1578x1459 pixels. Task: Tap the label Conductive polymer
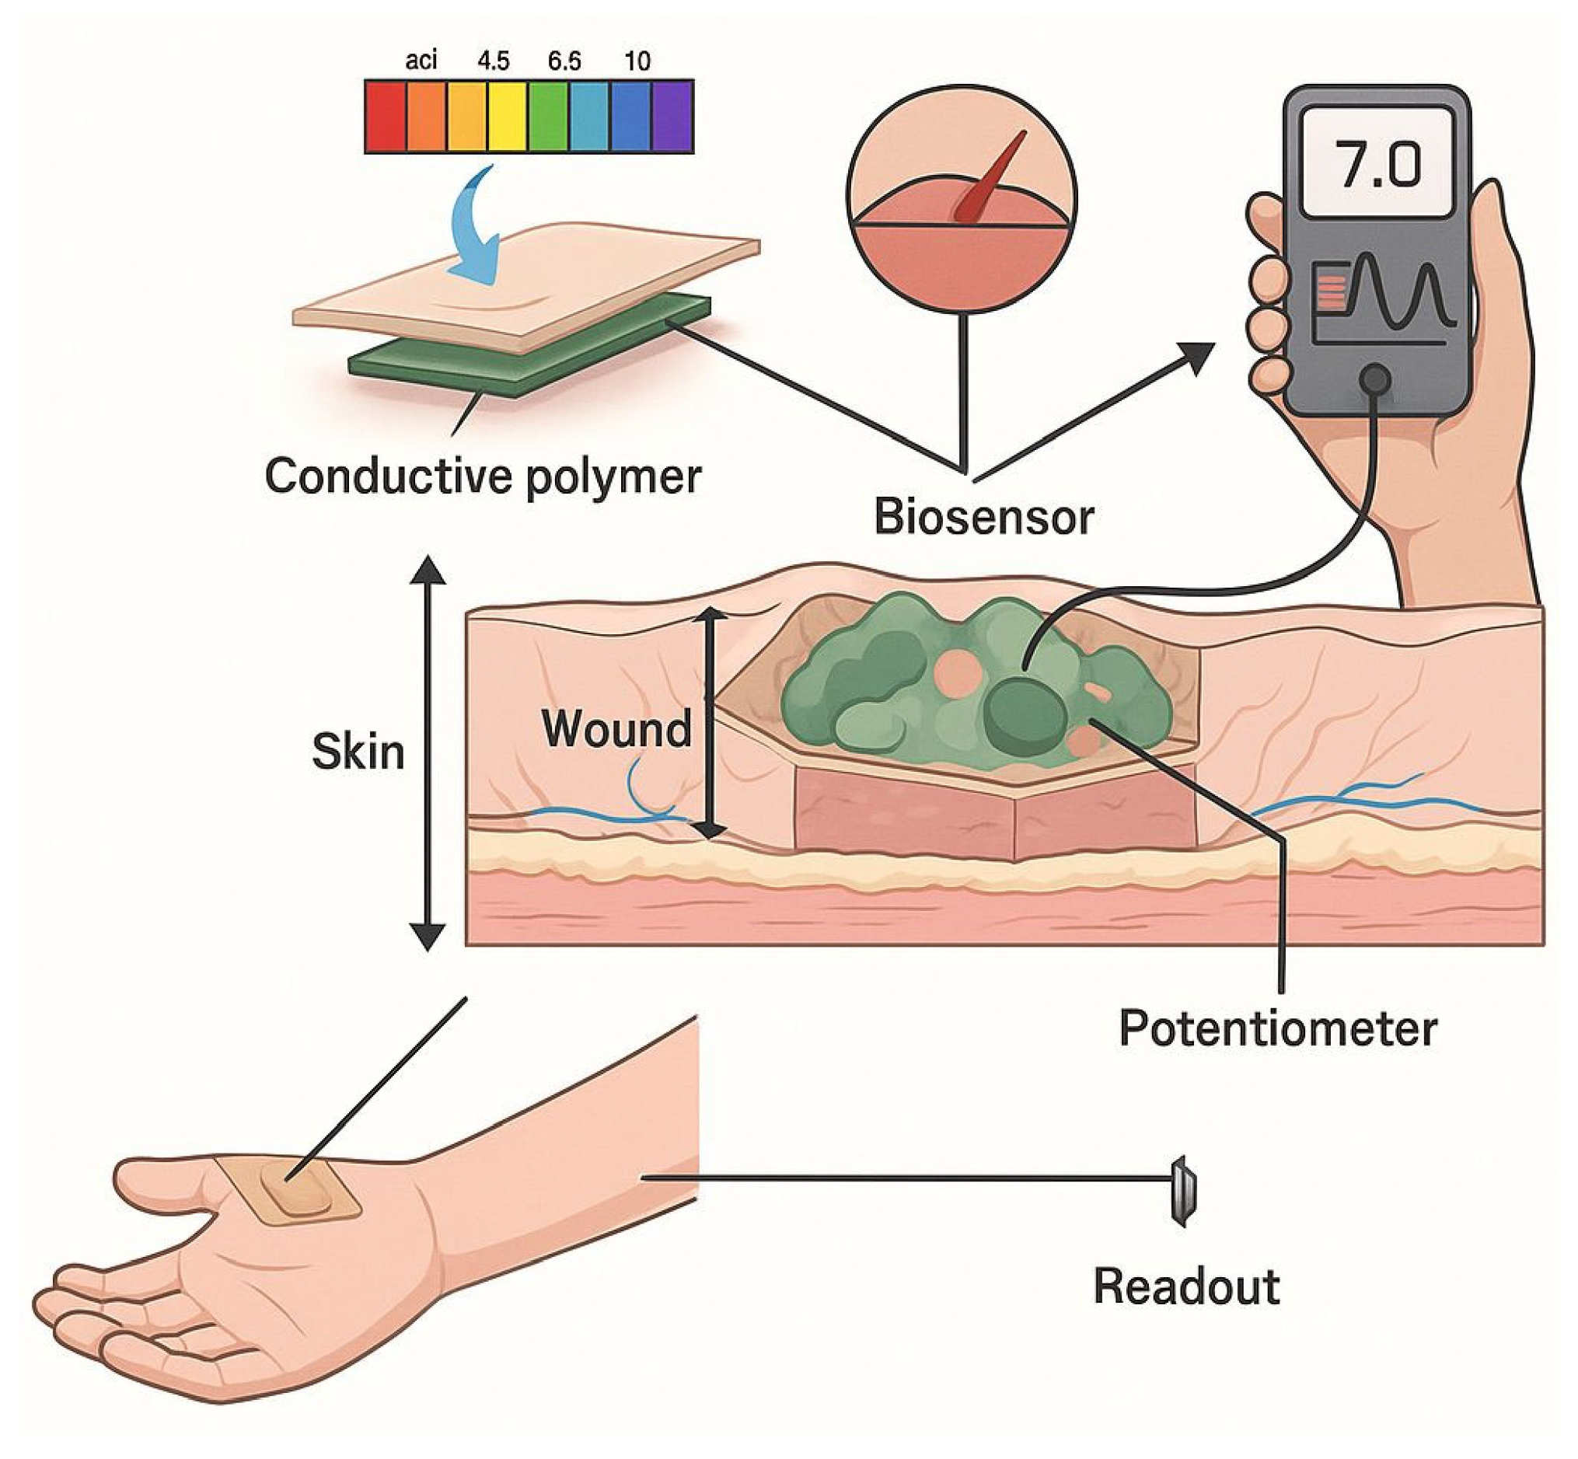(482, 476)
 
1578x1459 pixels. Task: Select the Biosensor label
(983, 517)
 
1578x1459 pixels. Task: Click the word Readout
(1185, 1287)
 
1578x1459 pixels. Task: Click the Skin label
(358, 752)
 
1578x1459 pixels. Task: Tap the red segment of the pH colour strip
(386, 116)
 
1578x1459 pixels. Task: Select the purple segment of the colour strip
(672, 116)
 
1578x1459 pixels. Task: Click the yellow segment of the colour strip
(508, 116)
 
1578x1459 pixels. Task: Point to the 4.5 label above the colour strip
(494, 61)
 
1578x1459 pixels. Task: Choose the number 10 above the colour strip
(637, 61)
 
